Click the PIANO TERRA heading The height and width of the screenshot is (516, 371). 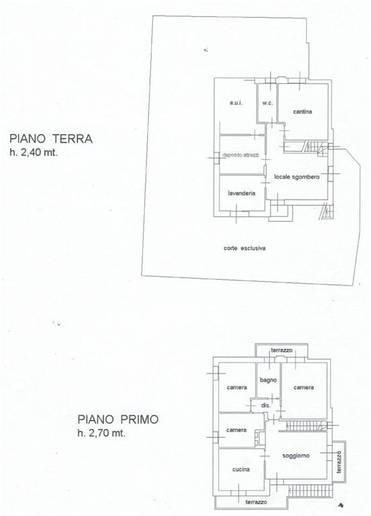[x=50, y=138]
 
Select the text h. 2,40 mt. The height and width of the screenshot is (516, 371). [x=34, y=153]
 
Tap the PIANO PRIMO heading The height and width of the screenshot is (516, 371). [x=118, y=419]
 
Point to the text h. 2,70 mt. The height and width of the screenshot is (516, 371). [x=101, y=433]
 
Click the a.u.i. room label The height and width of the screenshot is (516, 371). [x=236, y=103]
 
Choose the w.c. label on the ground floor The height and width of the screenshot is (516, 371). [x=267, y=103]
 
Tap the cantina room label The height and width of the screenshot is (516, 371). [x=302, y=112]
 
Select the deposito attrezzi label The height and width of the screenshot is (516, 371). [x=241, y=155]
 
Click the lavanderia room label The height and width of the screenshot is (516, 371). [x=241, y=193]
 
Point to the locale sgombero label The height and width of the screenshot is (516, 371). [x=296, y=177]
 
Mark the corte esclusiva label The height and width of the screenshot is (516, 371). [x=244, y=248]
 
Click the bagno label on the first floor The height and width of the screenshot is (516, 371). [x=268, y=380]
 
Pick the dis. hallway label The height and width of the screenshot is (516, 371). [x=265, y=405]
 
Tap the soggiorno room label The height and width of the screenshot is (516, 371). [x=296, y=456]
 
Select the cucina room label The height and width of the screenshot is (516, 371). [x=241, y=469]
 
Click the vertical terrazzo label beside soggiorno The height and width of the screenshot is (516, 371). [x=339, y=462]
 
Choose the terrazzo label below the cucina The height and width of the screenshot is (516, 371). [x=256, y=502]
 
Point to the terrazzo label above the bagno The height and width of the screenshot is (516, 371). [x=282, y=350]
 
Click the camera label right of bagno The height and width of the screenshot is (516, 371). [x=304, y=387]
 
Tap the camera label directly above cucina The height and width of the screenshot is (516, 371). [x=237, y=430]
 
